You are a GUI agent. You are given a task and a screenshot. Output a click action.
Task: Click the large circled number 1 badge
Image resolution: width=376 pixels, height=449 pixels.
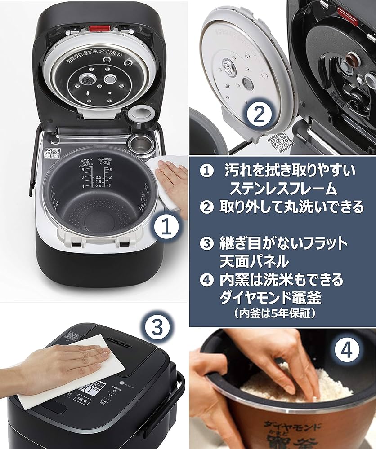click(167, 227)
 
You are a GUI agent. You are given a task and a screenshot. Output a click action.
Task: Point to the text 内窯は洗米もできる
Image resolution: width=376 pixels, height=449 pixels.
click(281, 279)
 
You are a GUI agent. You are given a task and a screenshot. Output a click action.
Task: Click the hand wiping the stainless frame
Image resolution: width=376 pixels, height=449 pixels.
click(173, 176)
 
